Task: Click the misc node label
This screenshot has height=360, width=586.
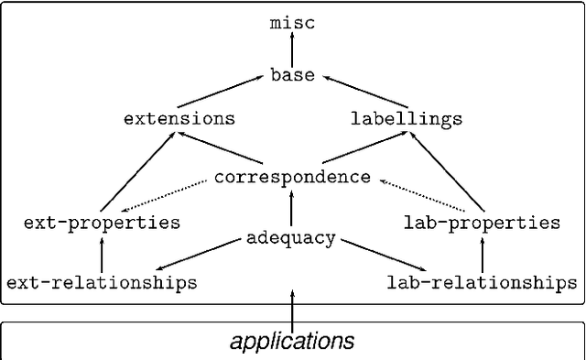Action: [x=292, y=23]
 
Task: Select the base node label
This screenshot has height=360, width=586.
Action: [x=292, y=76]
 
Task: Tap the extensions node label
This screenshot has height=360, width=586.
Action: [x=179, y=119]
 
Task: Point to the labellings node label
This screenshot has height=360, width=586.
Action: [x=407, y=119]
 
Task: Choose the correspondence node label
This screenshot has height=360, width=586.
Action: [x=292, y=177]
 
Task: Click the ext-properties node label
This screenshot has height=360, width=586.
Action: [x=102, y=223]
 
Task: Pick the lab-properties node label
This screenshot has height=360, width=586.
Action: [x=482, y=223]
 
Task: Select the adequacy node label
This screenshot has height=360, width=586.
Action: [x=290, y=239]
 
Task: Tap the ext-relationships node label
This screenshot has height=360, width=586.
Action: [x=102, y=283]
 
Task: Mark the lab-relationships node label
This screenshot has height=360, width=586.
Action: [x=482, y=283]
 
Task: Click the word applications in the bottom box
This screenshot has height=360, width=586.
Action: [x=292, y=342]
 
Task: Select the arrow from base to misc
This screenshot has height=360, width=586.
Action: [x=292, y=49]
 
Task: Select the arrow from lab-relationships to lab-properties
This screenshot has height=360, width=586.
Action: [x=482, y=253]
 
